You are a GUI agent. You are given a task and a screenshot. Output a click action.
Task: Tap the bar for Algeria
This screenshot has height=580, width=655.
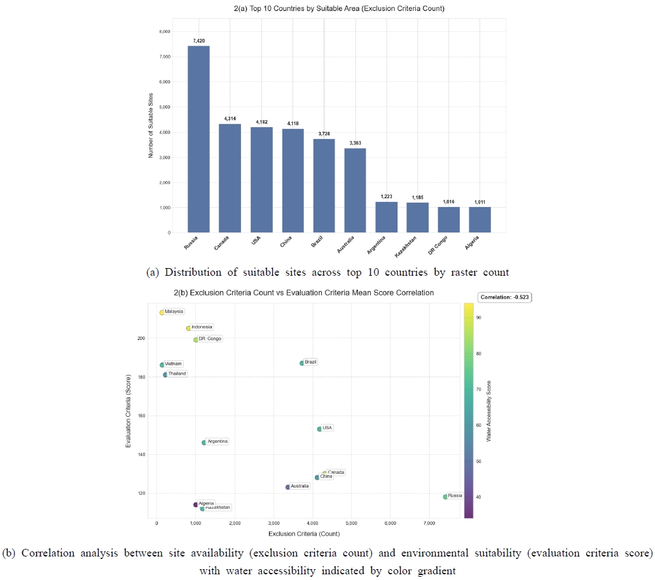coord(479,220)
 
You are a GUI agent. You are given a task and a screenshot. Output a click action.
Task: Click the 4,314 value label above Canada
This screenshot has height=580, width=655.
coord(230,119)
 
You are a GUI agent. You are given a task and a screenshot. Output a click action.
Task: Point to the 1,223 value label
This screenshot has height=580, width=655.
coord(386,197)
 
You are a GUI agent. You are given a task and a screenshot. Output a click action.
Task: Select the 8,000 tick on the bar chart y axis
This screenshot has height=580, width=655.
coord(164,32)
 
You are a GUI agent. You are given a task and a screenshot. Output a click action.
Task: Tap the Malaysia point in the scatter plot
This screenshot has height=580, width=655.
coord(162,313)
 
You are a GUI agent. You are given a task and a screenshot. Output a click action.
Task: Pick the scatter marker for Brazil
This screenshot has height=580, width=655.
coord(301,363)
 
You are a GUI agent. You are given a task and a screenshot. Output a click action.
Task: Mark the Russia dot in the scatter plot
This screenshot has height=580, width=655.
coord(445,496)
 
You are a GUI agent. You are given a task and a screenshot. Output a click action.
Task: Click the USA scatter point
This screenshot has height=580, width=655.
coord(319,429)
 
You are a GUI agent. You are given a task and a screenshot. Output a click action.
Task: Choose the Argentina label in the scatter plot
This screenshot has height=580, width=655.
coord(217,442)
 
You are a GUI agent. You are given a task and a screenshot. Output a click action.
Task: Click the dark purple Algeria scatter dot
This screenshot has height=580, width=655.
coord(196,504)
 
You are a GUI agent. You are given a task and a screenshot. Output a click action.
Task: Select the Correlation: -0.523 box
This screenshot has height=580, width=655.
coord(505,296)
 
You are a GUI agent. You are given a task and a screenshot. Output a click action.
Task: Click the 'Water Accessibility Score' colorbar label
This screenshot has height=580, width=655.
coord(489,411)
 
